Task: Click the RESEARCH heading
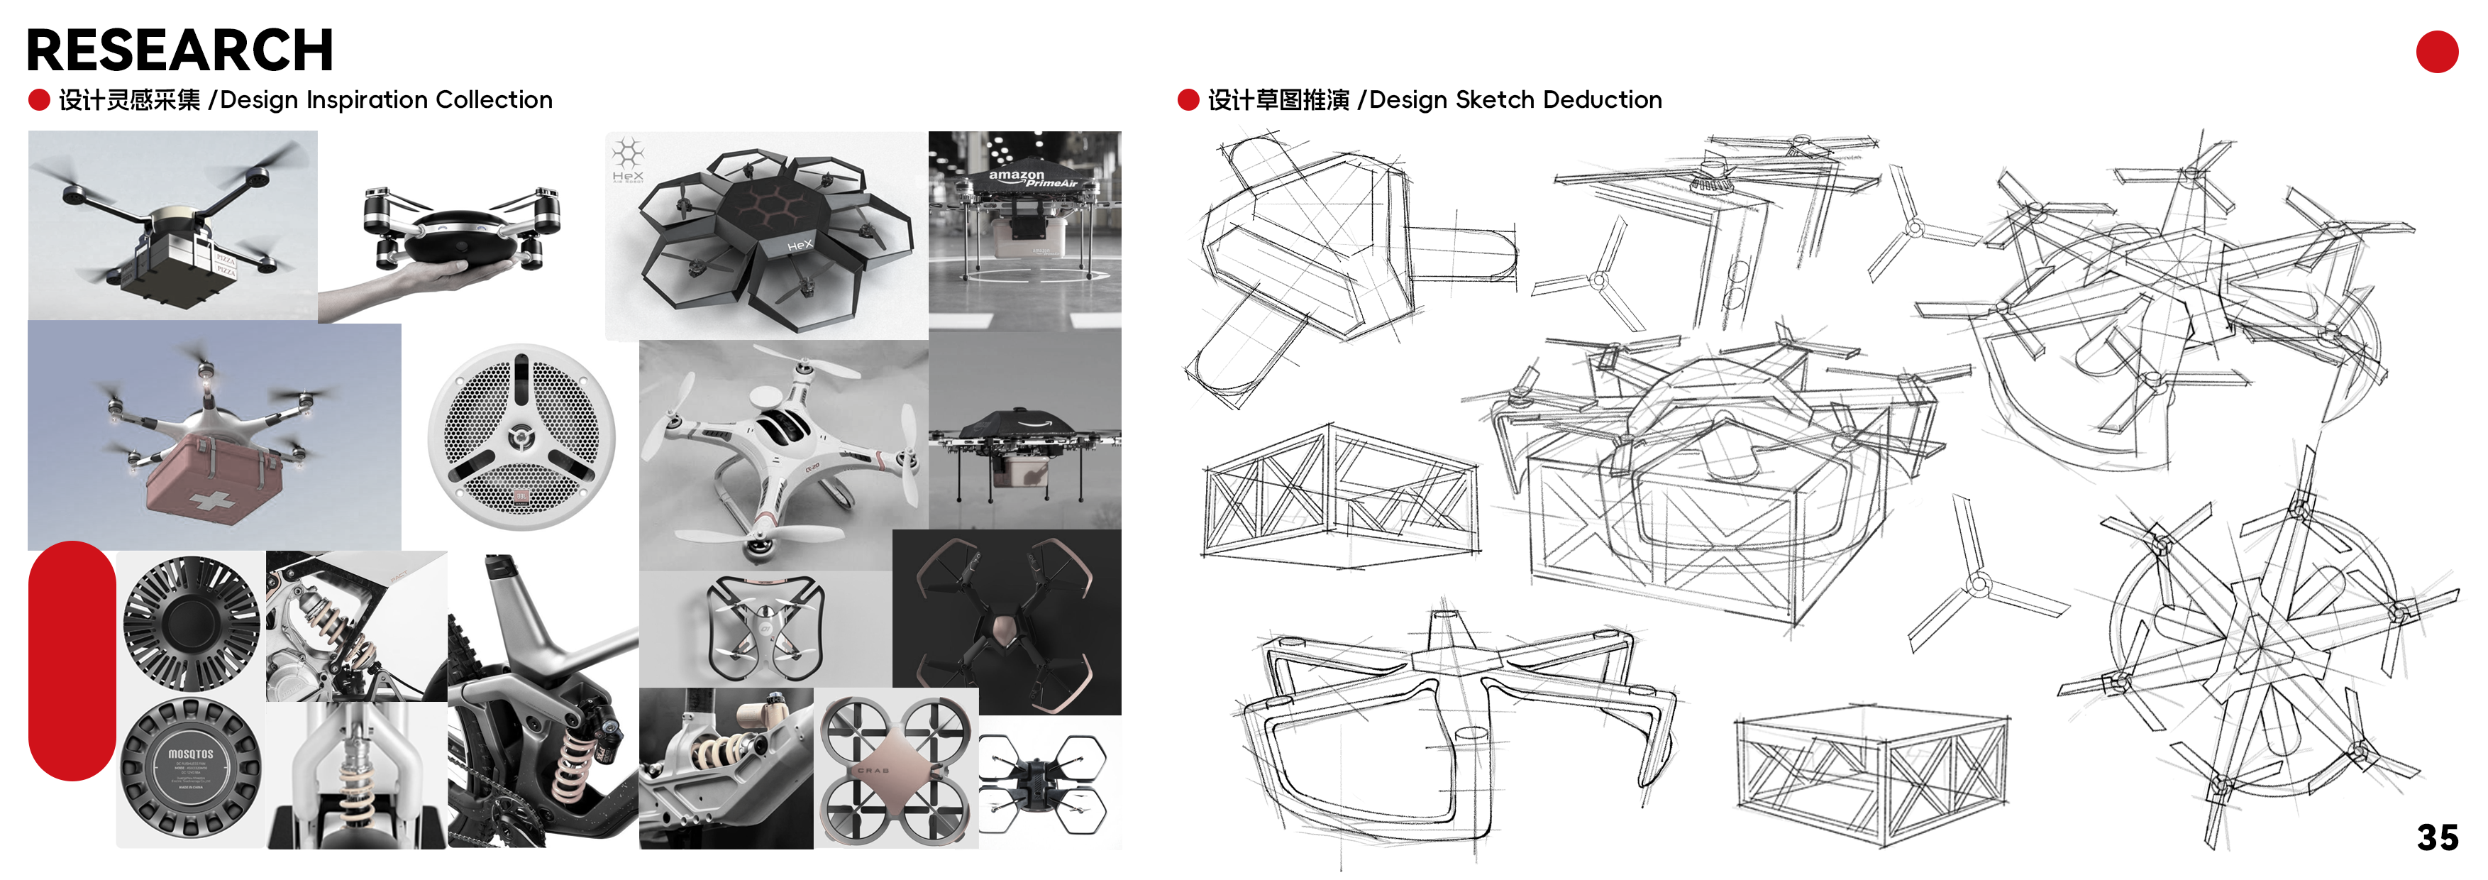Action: [x=179, y=50]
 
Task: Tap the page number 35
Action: [x=2437, y=837]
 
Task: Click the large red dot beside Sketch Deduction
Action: [x=1188, y=99]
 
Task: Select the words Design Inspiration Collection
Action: [x=387, y=99]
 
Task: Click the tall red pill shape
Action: [x=72, y=661]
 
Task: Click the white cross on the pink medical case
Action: [x=213, y=500]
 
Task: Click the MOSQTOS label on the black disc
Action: [x=190, y=754]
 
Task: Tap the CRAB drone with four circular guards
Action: [x=895, y=769]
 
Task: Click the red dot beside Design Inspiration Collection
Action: [x=38, y=99]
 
